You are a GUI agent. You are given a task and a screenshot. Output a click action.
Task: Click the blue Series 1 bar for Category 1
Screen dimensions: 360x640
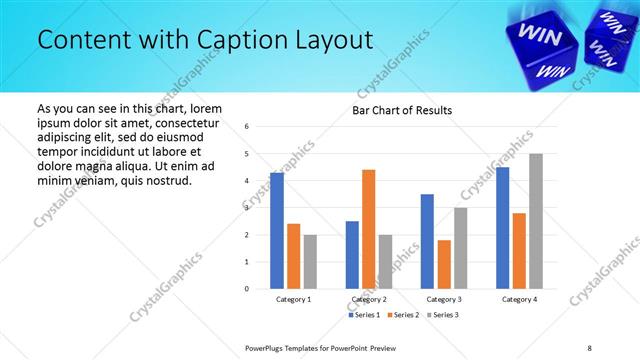(277, 231)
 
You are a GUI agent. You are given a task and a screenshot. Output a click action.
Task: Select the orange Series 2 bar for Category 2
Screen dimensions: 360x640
(369, 229)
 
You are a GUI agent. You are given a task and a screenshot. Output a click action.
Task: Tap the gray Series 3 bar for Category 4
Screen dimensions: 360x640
(536, 221)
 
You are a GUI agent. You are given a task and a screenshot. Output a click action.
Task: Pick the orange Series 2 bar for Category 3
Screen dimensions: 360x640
(444, 264)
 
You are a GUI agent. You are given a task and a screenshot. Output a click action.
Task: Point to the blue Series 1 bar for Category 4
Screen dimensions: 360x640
(502, 228)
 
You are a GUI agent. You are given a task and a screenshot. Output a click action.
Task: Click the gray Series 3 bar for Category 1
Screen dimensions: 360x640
(310, 262)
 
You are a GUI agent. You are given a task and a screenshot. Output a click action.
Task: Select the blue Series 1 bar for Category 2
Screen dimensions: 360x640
(352, 255)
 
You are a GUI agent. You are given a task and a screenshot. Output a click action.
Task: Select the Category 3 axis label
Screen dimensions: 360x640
(444, 300)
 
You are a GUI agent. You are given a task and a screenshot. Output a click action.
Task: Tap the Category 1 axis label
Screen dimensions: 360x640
(293, 300)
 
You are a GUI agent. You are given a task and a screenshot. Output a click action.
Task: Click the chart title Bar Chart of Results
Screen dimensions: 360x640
(402, 110)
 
